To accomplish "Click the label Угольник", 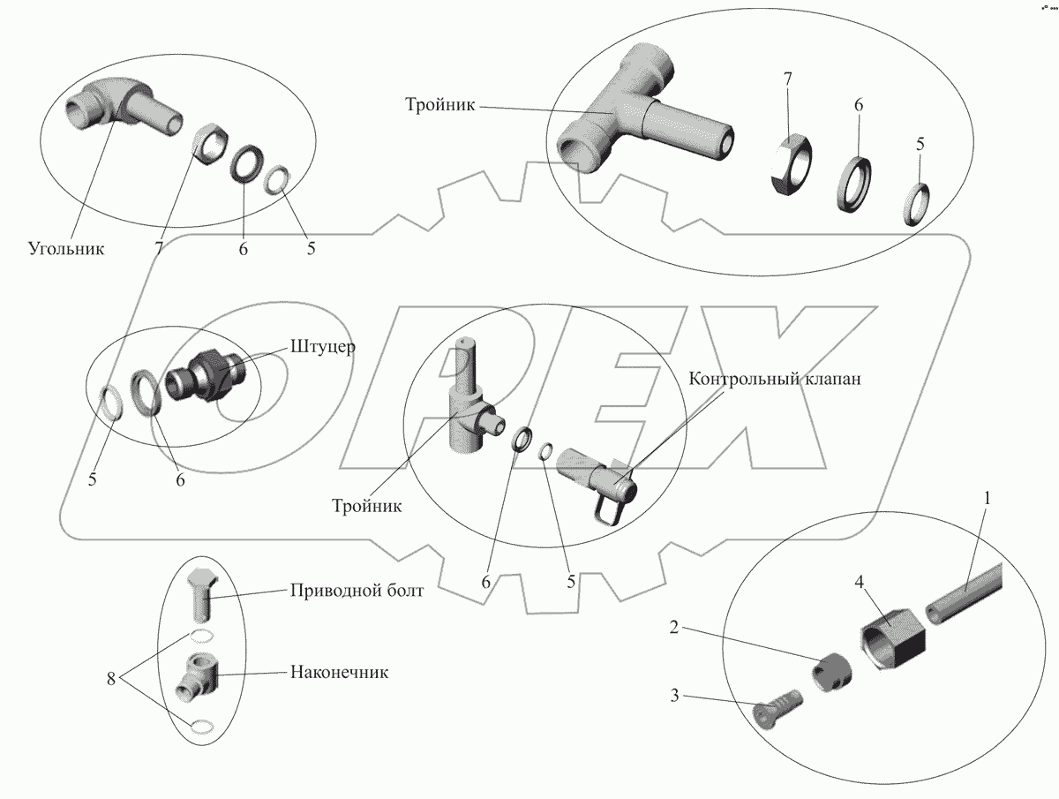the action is (66, 249).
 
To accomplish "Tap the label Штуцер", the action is (323, 347).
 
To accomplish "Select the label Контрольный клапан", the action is (774, 379).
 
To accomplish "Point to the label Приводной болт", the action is (357, 591).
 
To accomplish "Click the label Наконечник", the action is (339, 672).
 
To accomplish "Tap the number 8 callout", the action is (111, 679).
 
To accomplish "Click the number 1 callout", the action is (988, 498).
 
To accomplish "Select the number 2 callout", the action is (674, 627).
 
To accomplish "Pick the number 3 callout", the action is (674, 696).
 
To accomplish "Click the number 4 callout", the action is (859, 583).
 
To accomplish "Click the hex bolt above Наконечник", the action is (200, 594).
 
